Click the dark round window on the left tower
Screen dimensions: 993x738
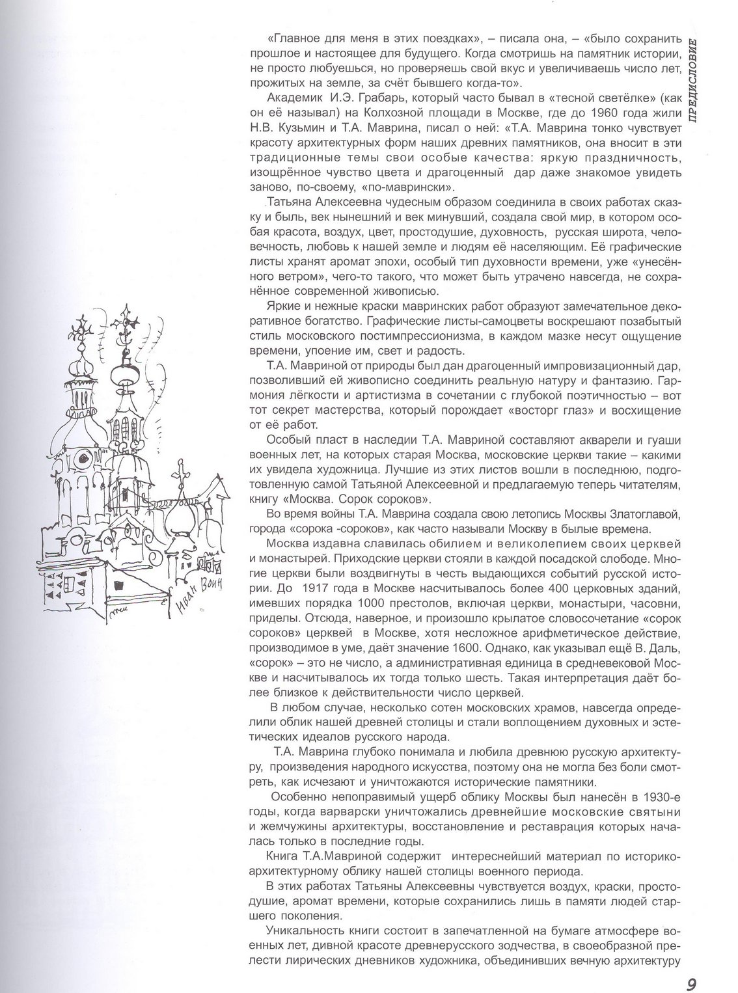pos(83,458)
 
